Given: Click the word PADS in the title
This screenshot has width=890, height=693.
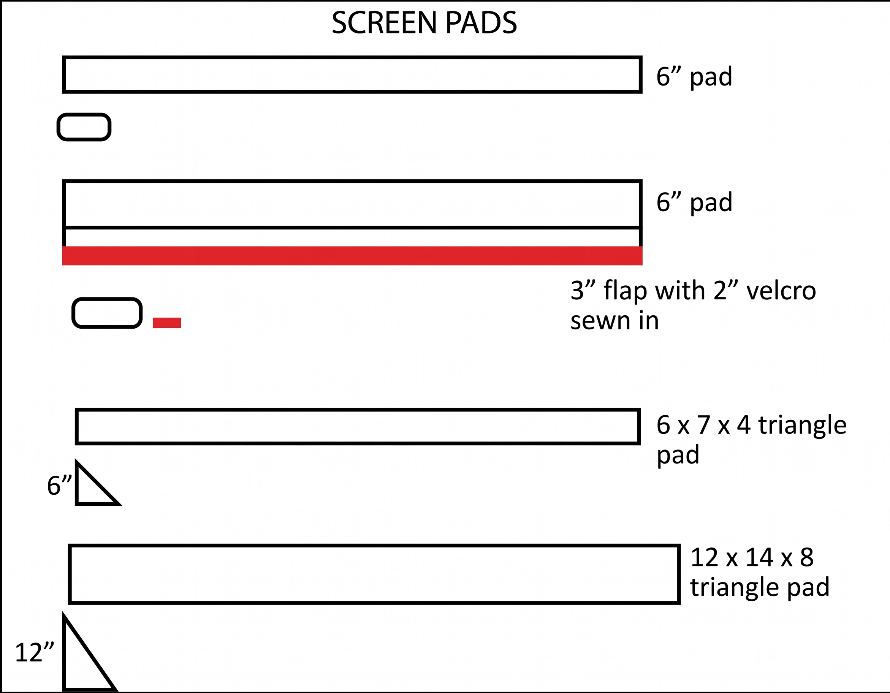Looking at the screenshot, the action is click(481, 22).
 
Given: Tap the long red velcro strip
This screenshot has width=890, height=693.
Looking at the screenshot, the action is click(352, 256).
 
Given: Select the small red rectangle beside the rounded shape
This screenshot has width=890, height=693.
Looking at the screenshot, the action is click(167, 323).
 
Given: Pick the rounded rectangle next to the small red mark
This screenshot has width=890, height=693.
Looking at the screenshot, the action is click(107, 299).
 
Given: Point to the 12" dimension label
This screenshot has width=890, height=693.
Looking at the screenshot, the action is click(35, 652).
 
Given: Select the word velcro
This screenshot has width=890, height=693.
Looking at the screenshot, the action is click(781, 291).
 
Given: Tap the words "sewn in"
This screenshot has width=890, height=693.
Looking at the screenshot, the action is click(614, 321).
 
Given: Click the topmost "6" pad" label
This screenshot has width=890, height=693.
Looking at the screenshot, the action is click(694, 76).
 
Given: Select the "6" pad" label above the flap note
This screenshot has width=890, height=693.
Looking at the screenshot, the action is click(694, 202).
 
